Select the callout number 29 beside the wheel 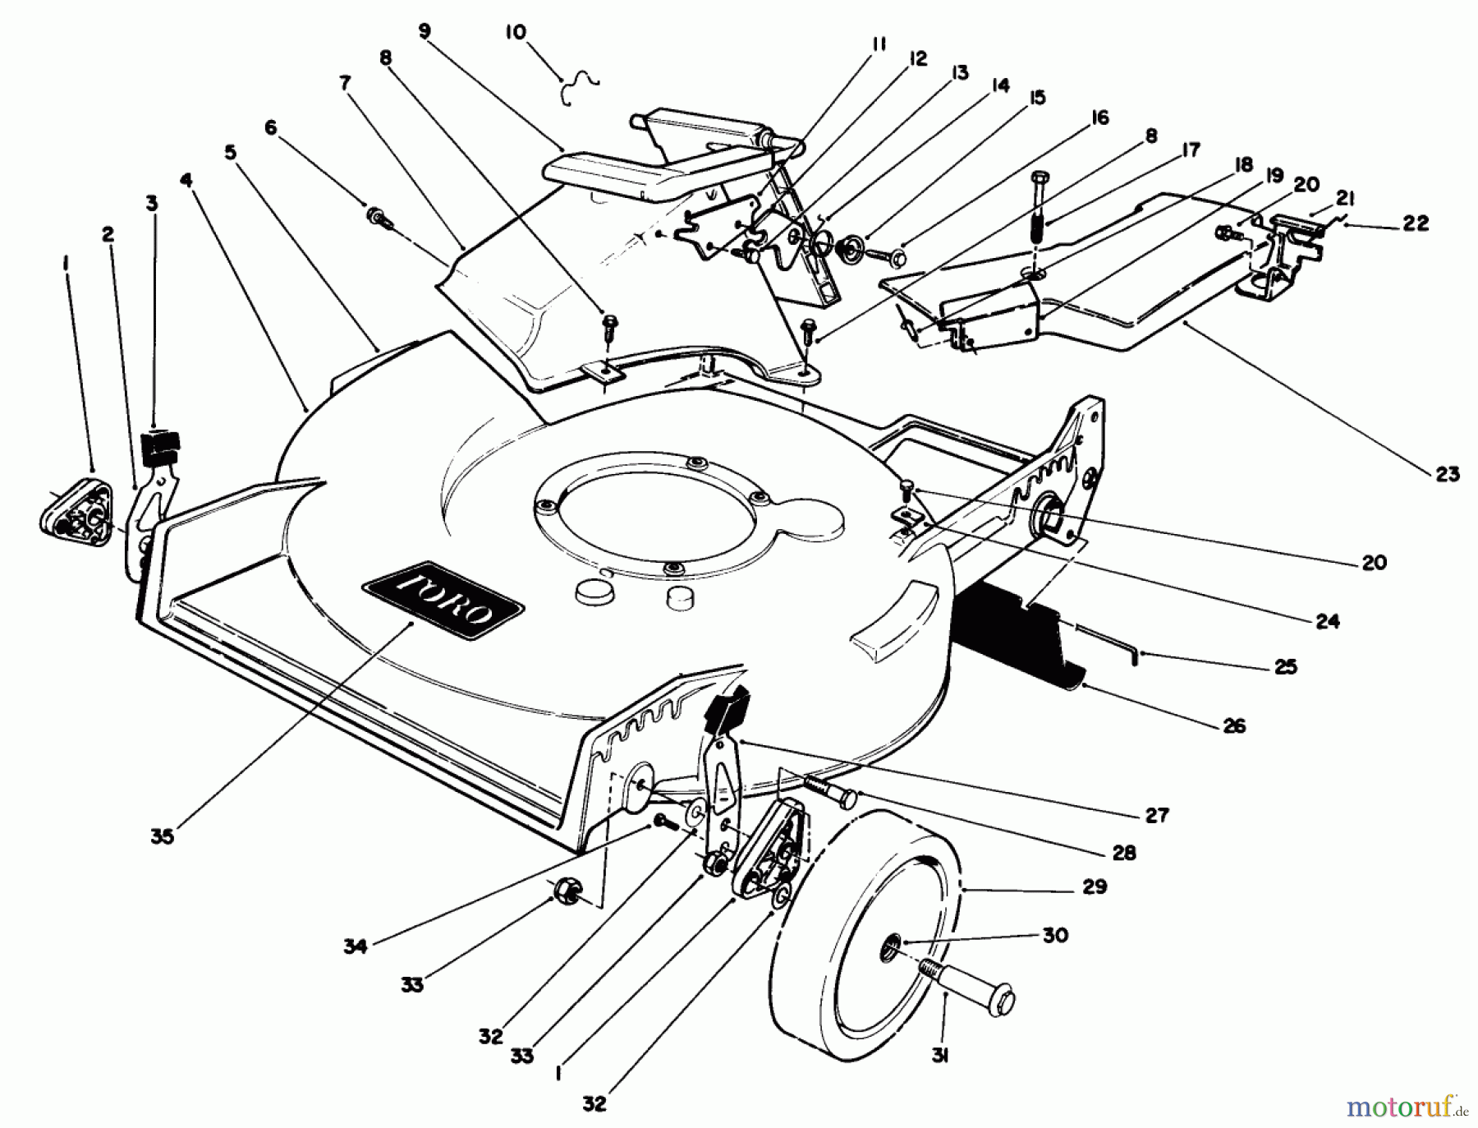click(x=1095, y=886)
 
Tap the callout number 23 click(x=1448, y=474)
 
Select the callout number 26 click(x=1234, y=725)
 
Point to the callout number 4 click(x=187, y=178)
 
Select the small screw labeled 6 click(x=380, y=219)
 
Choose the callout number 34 click(x=355, y=946)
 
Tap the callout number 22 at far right click(x=1415, y=223)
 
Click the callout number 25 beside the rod click(x=1285, y=666)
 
